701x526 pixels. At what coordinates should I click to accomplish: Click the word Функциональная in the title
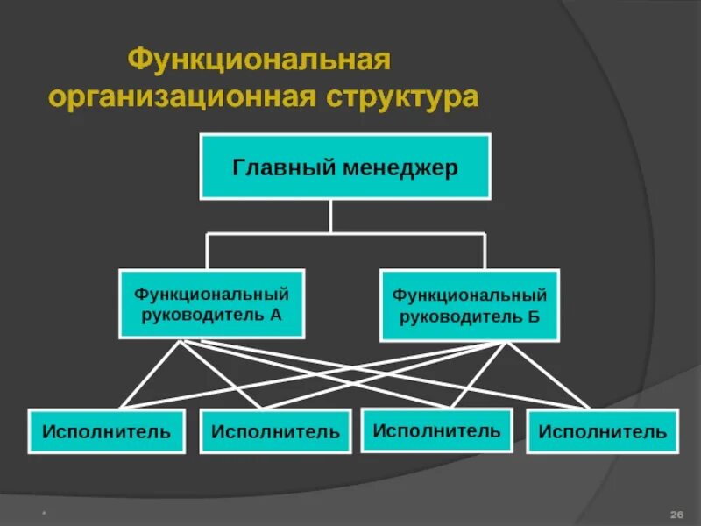(x=258, y=62)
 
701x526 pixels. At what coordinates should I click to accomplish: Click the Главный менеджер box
(x=345, y=167)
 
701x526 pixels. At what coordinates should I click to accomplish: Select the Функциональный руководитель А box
(x=211, y=303)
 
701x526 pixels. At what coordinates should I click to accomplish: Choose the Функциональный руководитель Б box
(x=469, y=305)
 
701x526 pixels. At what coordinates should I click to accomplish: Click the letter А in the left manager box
(x=276, y=314)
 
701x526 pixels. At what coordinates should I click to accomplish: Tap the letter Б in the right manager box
(x=534, y=316)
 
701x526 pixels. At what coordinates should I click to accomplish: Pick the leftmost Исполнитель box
(x=107, y=430)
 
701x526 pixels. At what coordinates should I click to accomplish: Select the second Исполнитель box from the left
(x=275, y=431)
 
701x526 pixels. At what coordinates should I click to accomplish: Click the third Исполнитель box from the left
(x=436, y=430)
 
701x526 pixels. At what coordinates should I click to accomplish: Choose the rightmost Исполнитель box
(x=602, y=431)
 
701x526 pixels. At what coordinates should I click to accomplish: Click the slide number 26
(x=676, y=513)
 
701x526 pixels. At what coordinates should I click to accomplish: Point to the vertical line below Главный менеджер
(x=330, y=216)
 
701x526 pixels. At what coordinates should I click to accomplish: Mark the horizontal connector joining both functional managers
(x=345, y=233)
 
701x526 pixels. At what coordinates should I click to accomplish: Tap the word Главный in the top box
(x=271, y=167)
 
